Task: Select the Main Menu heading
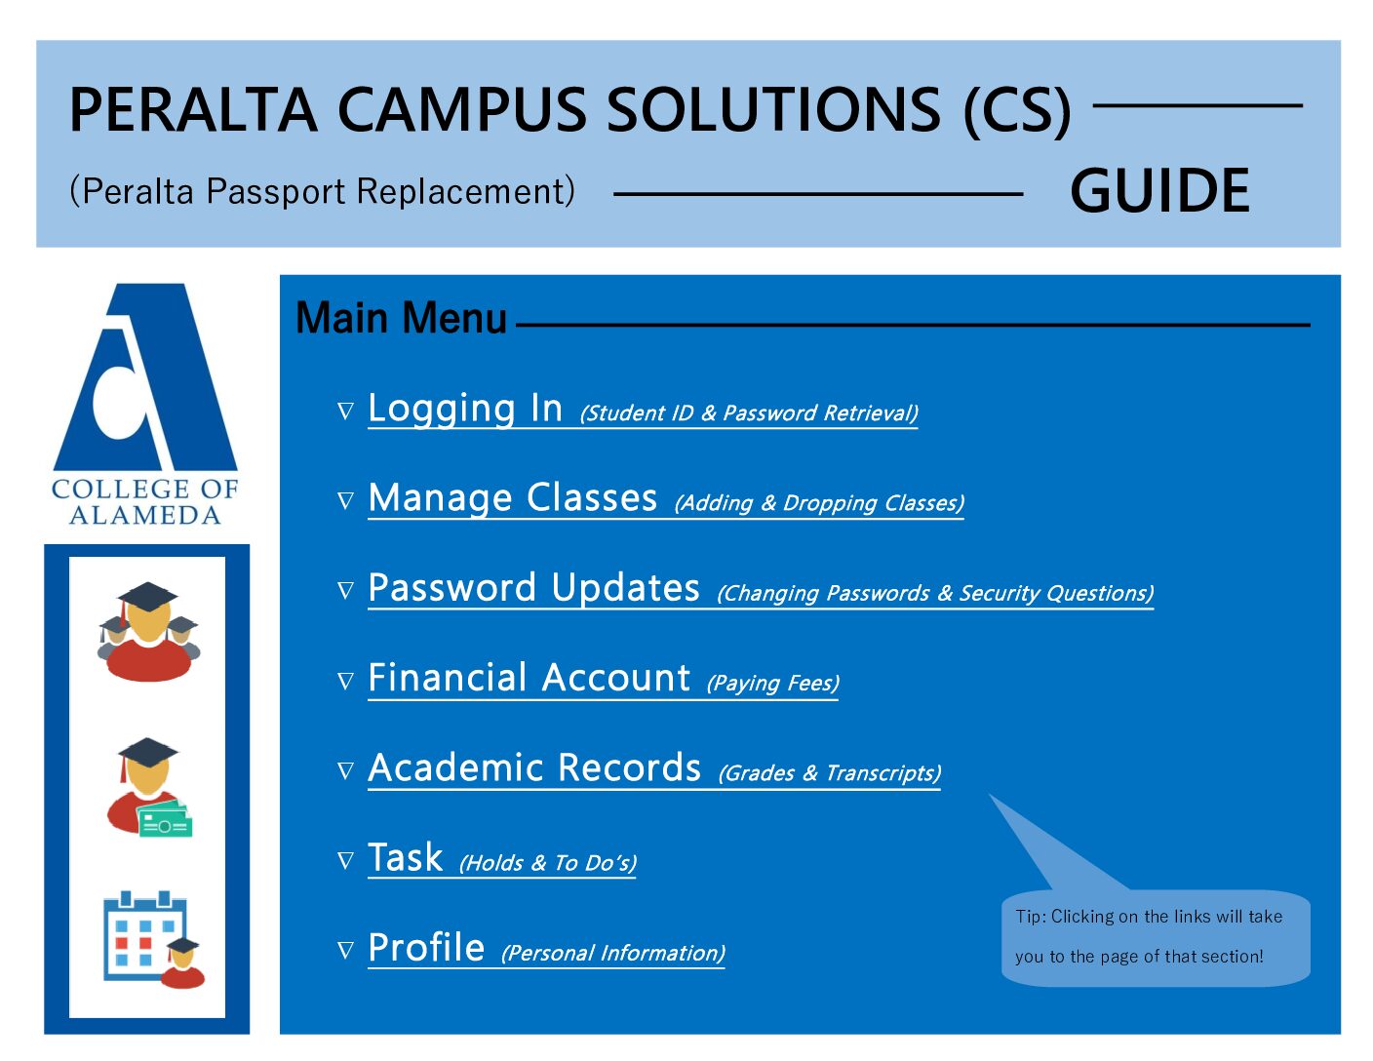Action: pos(401,318)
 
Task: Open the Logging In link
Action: pos(465,409)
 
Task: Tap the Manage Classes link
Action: pos(512,498)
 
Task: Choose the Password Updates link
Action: pos(534,588)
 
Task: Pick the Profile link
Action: pos(426,948)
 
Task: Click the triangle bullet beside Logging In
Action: pos(345,412)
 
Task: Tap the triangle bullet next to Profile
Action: pos(345,951)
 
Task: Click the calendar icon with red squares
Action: pos(144,935)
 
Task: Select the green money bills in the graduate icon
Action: pos(166,819)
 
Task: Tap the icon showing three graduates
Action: pos(148,631)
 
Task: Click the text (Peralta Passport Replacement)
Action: pos(322,191)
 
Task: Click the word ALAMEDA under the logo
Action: pos(145,516)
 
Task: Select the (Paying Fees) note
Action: pos(772,683)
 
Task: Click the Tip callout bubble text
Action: pos(1149,936)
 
